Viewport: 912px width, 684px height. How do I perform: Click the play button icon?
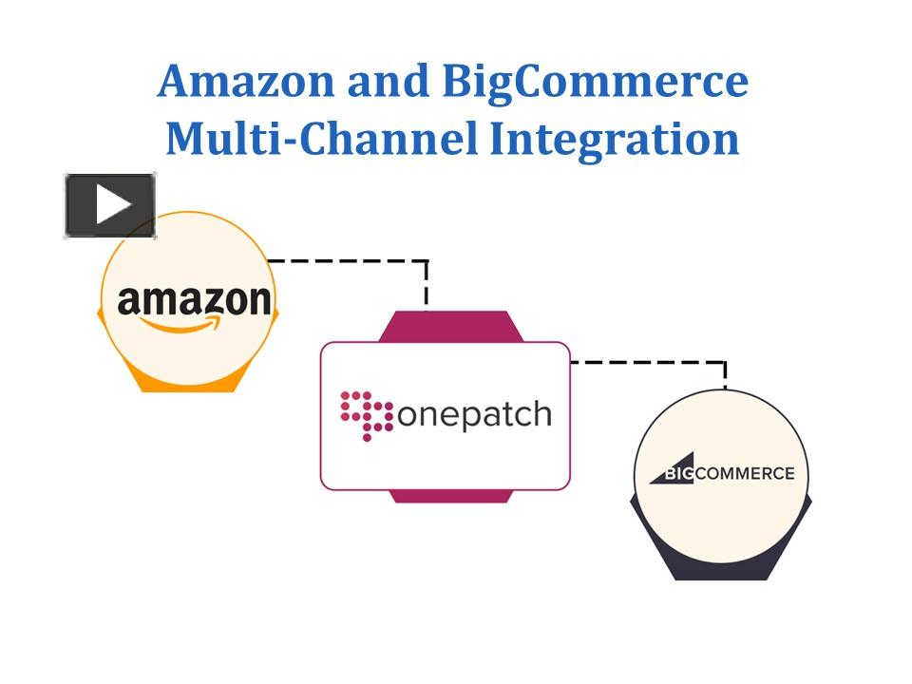[110, 205]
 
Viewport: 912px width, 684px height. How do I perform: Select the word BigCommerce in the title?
[595, 82]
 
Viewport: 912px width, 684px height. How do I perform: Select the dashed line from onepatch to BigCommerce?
[646, 362]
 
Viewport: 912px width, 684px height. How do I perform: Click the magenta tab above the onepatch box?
[446, 327]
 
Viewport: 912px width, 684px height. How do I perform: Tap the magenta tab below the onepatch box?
[446, 496]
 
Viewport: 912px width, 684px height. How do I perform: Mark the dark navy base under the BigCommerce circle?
[721, 568]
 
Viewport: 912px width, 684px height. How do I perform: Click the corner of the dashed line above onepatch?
[427, 260]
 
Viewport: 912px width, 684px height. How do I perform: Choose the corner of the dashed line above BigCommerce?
[725, 362]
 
